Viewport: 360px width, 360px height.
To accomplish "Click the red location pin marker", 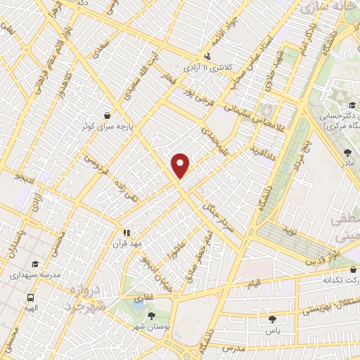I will [x=181, y=165].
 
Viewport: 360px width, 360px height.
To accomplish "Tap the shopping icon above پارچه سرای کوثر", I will [x=106, y=116].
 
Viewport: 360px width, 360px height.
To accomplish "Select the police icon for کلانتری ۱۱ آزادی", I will [x=207, y=57].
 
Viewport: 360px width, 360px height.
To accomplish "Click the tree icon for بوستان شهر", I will [x=150, y=316].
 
